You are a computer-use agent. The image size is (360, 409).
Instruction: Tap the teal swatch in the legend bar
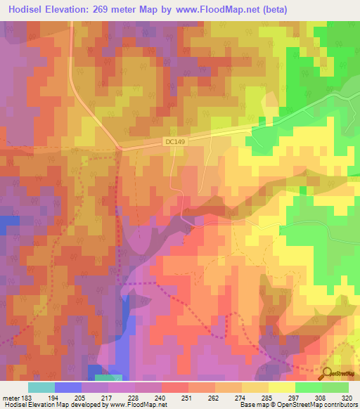pos(41,387)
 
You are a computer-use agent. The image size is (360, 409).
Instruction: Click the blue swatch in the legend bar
pos(68,387)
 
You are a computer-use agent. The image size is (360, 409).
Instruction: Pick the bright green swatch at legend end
pos(335,387)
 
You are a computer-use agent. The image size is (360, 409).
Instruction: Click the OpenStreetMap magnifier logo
pos(327,374)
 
